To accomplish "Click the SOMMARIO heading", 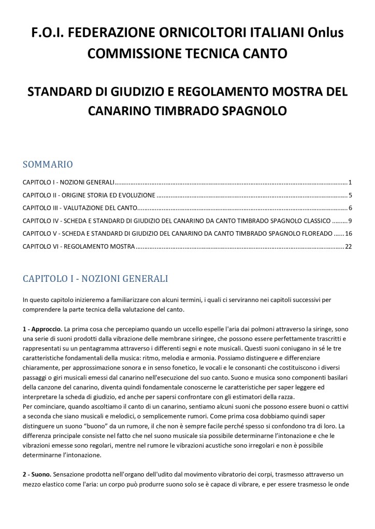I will click(48, 164).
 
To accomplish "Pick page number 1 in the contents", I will click(351, 183).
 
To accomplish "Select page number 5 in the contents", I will click(351, 195).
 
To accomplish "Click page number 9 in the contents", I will click(351, 221).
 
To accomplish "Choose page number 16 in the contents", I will click(349, 234).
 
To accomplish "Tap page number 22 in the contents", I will click(349, 247).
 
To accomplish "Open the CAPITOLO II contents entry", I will click(89, 195).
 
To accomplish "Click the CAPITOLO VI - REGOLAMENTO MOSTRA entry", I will click(79, 247).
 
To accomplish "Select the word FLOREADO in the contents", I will click(312, 234).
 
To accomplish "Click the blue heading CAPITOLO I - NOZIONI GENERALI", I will click(95, 279).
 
